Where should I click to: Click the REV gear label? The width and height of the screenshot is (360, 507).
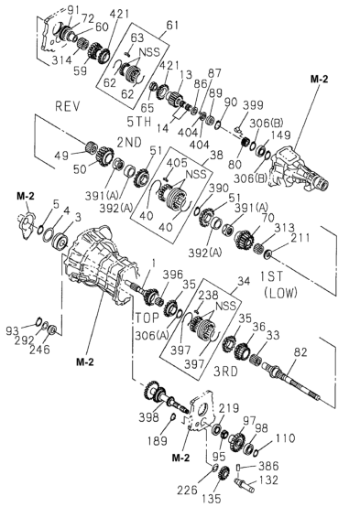[x=68, y=106]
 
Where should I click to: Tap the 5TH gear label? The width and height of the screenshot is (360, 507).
[x=139, y=122]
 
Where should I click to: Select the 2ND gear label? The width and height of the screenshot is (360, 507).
[x=129, y=142]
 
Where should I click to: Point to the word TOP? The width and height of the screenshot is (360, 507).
[x=147, y=318]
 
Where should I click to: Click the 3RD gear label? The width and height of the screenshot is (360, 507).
[x=226, y=372]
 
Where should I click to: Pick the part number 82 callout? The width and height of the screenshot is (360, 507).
[x=300, y=352]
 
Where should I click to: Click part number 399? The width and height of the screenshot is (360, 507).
[x=253, y=105]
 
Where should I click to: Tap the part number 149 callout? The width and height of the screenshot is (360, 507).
[x=280, y=135]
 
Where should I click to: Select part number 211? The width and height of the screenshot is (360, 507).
[x=300, y=238]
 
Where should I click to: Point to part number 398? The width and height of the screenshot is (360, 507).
[x=149, y=417]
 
